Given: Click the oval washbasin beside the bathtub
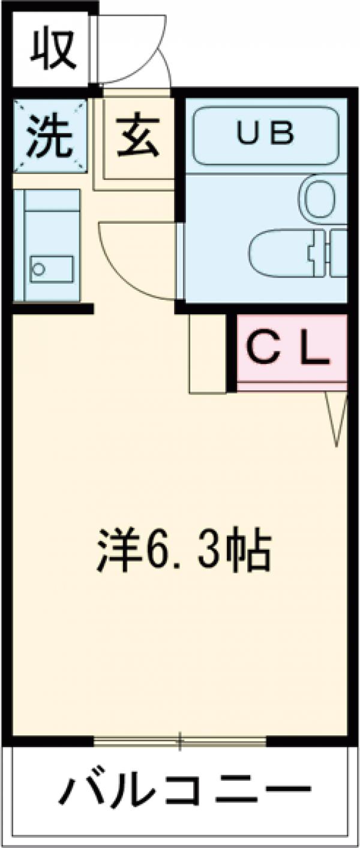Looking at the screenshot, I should pyautogui.click(x=320, y=197).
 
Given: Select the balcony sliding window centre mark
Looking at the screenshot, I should pyautogui.click(x=179, y=742).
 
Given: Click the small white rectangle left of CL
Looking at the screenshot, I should pyautogui.click(x=207, y=353).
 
